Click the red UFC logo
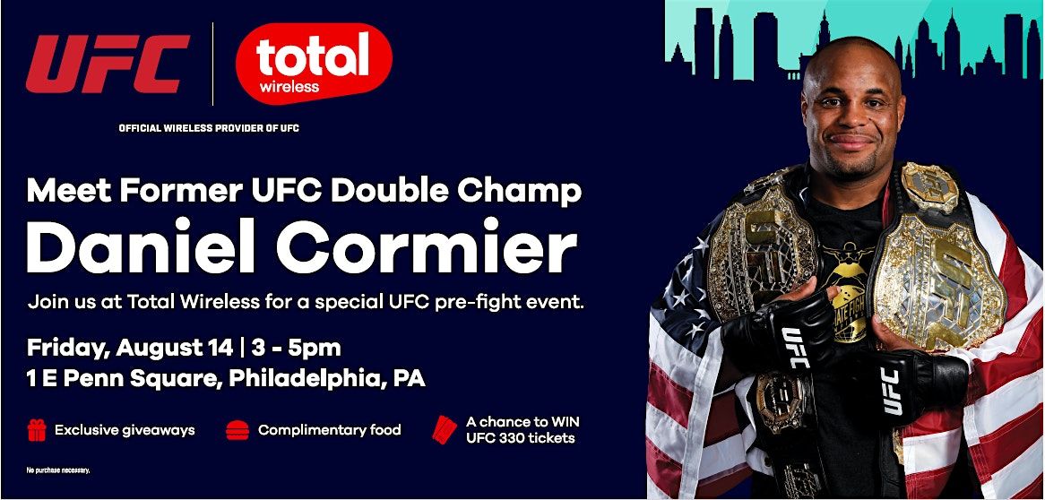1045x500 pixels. click(x=108, y=64)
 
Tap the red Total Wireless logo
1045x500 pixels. click(x=314, y=64)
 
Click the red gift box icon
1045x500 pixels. click(x=37, y=430)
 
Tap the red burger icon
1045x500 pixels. click(x=237, y=430)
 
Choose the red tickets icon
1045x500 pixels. click(x=444, y=429)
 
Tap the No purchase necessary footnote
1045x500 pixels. click(x=58, y=470)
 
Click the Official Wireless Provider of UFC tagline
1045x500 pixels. click(x=209, y=128)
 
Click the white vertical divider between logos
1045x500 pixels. click(x=213, y=64)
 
